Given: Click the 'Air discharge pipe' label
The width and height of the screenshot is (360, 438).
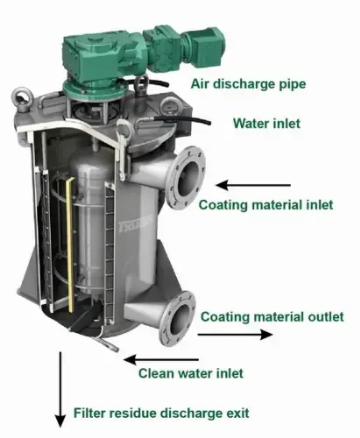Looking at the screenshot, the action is (x=248, y=84).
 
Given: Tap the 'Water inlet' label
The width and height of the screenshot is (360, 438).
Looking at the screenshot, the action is (x=266, y=124).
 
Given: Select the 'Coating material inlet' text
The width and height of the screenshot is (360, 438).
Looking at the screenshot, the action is (x=265, y=205).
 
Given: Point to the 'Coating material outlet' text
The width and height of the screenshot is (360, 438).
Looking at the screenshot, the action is (x=272, y=317).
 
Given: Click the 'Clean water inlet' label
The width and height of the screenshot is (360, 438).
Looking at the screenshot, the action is (x=191, y=373).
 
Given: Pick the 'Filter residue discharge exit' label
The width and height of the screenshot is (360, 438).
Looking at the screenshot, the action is (x=161, y=413).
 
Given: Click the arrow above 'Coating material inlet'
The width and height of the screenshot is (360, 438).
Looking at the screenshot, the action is (x=253, y=185).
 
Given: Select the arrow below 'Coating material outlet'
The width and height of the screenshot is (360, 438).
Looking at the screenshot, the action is (x=236, y=335).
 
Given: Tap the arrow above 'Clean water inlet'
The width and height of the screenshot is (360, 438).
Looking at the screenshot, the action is (x=161, y=359).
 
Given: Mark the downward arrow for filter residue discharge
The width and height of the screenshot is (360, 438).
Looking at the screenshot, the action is (x=60, y=390).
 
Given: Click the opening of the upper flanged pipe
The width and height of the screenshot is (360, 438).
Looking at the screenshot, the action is (x=187, y=179).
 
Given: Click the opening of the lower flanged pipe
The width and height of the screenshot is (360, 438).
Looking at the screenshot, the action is (x=179, y=319).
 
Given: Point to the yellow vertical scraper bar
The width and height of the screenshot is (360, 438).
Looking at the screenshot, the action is (x=69, y=245).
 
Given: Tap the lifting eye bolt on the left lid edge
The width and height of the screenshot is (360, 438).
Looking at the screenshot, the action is (x=22, y=100).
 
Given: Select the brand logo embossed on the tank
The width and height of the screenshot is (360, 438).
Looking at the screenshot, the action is (x=136, y=224).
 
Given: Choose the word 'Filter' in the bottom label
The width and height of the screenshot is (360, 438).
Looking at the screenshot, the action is (x=88, y=413).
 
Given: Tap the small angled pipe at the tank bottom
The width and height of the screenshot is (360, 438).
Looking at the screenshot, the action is (x=108, y=344).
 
